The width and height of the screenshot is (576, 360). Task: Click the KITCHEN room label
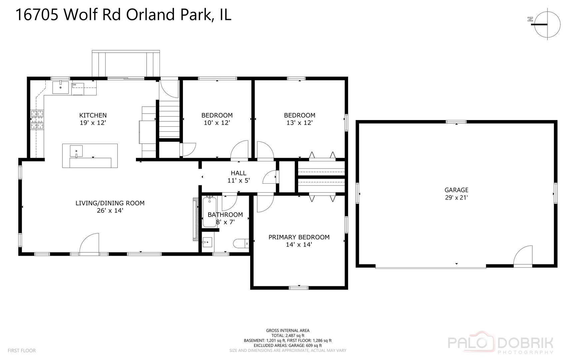pos(93,115)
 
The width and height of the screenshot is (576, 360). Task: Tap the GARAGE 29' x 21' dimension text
pos(456,197)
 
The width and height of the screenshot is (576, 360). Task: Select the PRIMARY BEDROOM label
pos(299,237)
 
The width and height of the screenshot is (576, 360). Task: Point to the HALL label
pos(239,173)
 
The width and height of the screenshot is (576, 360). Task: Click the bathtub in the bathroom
pos(210,212)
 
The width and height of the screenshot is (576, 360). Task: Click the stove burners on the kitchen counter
pos(37,119)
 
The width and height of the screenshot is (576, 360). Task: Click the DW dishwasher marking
pos(74,85)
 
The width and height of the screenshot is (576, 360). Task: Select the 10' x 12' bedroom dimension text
pos(217,123)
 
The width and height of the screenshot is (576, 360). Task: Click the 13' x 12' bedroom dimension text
pos(299,123)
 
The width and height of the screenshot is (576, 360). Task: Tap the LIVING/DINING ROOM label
pos(110,203)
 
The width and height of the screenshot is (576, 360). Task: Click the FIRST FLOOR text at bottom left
pos(22,350)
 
